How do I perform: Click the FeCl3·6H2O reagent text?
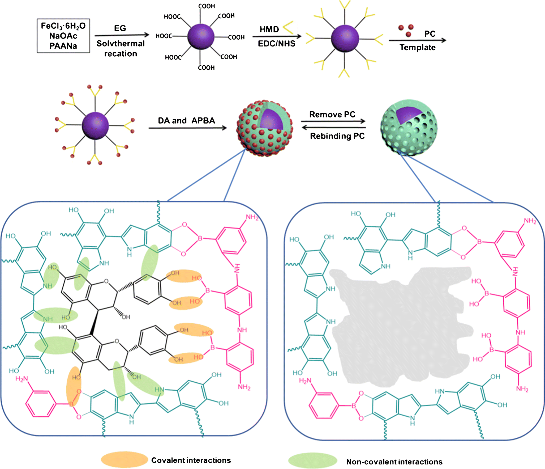click(x=63, y=26)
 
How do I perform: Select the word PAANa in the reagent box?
click(x=63, y=46)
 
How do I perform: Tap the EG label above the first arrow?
click(x=120, y=28)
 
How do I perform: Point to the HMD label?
click(x=269, y=29)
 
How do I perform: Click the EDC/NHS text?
click(x=277, y=44)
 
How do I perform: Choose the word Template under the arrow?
click(x=418, y=48)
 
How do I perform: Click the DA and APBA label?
click(x=186, y=121)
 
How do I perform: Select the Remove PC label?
click(x=332, y=115)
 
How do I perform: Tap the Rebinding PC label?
click(x=337, y=136)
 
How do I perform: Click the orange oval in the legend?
click(x=124, y=459)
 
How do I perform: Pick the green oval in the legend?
click(x=313, y=460)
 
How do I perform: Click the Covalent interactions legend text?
click(x=191, y=460)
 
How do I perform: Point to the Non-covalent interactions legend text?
click(x=394, y=462)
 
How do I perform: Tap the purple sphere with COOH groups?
click(x=201, y=37)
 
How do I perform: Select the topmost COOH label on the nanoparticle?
click(x=207, y=6)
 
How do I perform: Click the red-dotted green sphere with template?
click(x=265, y=128)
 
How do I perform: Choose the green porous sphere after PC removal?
click(x=409, y=128)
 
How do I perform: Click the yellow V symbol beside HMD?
click(x=289, y=27)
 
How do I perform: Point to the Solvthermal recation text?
click(x=121, y=49)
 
